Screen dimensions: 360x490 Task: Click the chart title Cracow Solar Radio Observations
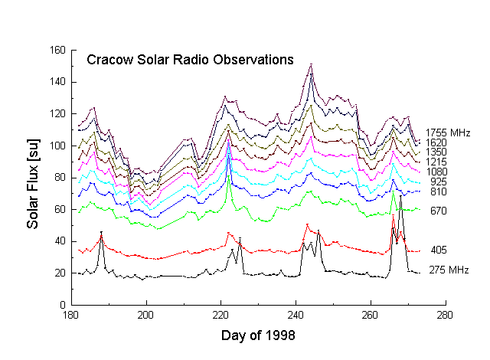190,59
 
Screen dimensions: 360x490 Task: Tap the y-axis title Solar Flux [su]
32,177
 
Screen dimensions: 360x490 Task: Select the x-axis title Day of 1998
257,335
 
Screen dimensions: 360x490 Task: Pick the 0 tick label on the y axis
60,305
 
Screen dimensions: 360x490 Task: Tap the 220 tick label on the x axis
220,315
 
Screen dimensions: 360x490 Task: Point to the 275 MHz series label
448,270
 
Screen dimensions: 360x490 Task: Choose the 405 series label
439,250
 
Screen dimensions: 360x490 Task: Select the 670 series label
439,211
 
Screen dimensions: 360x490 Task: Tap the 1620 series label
437,142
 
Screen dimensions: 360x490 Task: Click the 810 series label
438,191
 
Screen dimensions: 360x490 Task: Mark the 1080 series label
439,172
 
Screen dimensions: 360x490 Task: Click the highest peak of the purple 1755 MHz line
311,65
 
